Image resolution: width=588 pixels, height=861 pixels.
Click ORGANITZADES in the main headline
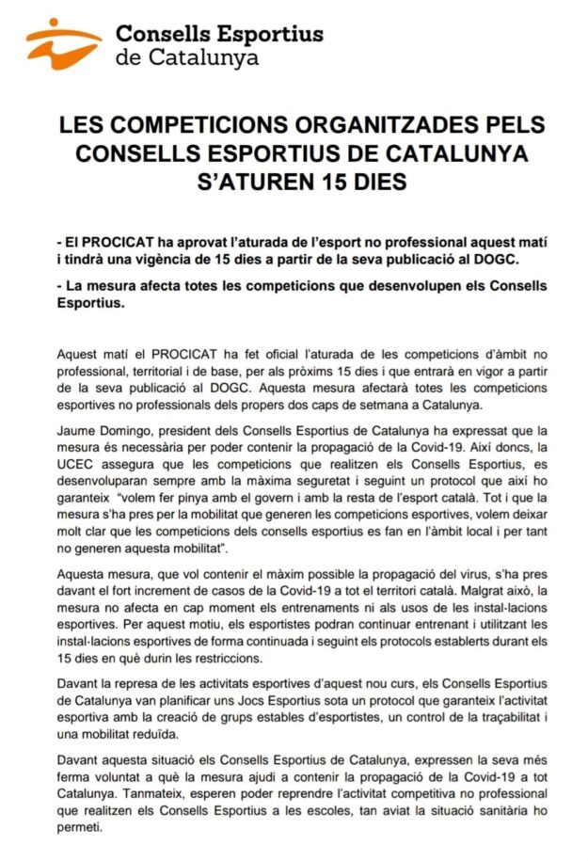click(333, 126)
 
